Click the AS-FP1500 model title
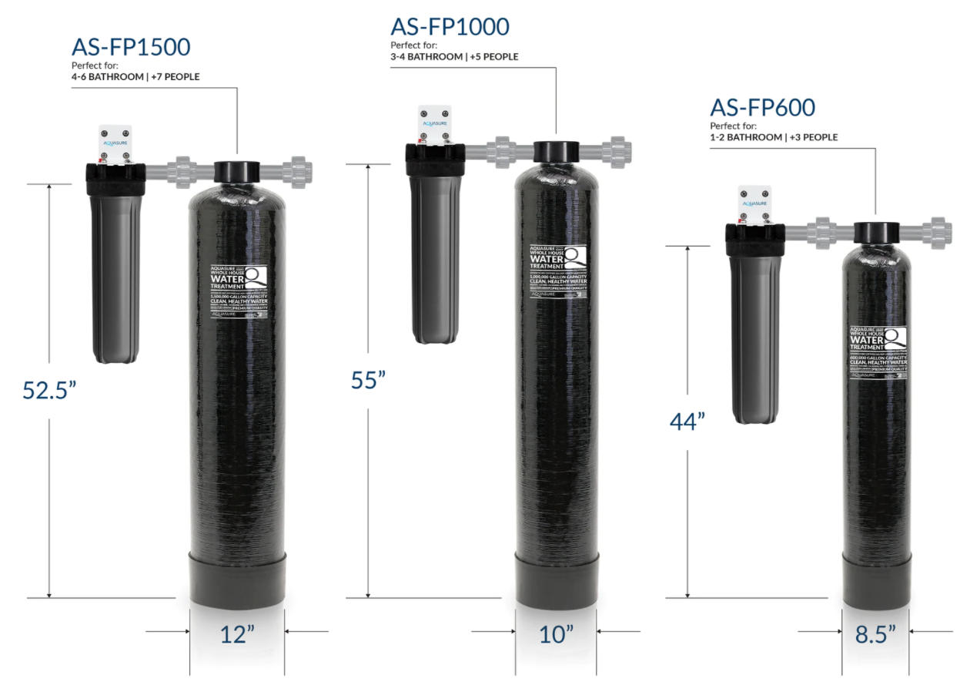coord(131,48)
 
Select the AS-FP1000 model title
coord(450,27)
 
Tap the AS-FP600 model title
coord(763,107)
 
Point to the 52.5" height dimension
coord(50,390)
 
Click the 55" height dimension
coord(368,380)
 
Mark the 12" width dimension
coord(237,634)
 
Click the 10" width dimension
coord(556,634)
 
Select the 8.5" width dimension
coord(876,634)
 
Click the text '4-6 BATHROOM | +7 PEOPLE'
coord(135,77)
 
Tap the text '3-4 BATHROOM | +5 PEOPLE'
coord(454,56)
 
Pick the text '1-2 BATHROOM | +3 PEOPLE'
coord(774,137)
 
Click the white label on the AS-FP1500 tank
coord(239,291)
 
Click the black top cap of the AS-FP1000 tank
coord(556,151)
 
